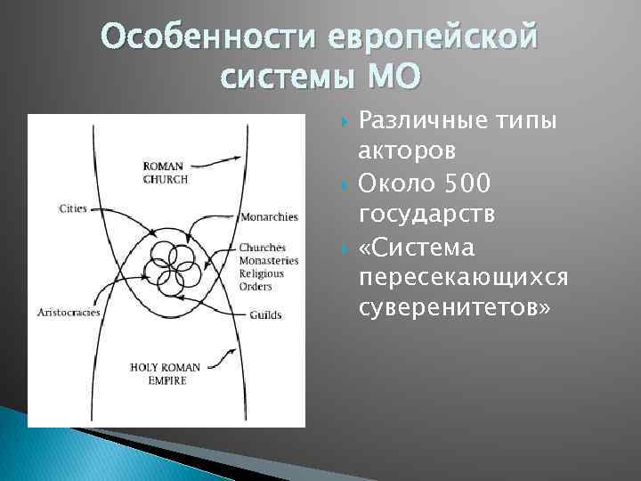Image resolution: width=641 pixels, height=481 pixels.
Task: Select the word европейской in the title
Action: (x=434, y=38)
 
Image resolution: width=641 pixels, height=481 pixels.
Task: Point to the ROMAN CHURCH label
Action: (x=165, y=172)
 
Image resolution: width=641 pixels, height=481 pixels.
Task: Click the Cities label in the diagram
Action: (x=73, y=208)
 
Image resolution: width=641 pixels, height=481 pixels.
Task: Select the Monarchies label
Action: (x=268, y=216)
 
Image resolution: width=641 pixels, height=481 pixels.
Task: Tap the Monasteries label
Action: (x=268, y=260)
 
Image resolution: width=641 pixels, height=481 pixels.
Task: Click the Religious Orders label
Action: (x=262, y=280)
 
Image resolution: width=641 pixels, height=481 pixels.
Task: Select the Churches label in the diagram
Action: (x=262, y=247)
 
